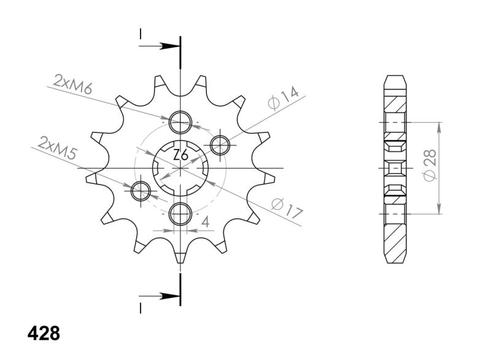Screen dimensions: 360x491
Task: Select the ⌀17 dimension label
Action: (286, 209)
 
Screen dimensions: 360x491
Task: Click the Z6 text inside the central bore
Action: (180, 156)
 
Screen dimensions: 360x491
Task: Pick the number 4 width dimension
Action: (206, 222)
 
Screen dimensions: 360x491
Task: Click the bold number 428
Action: (44, 334)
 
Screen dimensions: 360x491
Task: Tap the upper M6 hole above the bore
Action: (180, 122)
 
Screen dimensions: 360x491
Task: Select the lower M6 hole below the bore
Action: (180, 214)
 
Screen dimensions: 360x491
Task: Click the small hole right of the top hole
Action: (220, 145)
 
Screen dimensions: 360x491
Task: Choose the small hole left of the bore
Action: (141, 191)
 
